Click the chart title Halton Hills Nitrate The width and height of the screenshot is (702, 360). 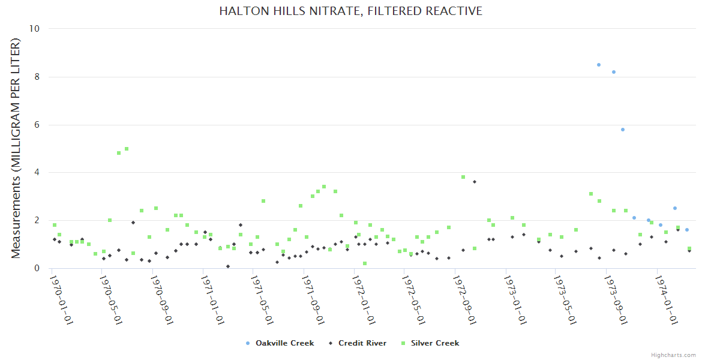(350, 11)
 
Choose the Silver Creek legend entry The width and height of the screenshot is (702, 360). (433, 343)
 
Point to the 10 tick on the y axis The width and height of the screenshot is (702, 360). (35, 29)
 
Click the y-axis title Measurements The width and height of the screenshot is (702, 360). (16, 148)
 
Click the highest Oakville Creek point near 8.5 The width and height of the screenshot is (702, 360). (598, 65)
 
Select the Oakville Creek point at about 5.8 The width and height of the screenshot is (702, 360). (623, 130)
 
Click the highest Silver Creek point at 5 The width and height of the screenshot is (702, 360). (127, 149)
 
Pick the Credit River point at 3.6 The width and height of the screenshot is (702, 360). (475, 182)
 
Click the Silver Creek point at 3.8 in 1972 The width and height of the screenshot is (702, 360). (463, 177)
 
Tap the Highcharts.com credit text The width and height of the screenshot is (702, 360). (673, 355)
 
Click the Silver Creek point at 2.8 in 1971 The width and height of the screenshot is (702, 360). (263, 201)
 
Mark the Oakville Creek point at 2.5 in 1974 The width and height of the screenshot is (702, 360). (674, 208)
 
